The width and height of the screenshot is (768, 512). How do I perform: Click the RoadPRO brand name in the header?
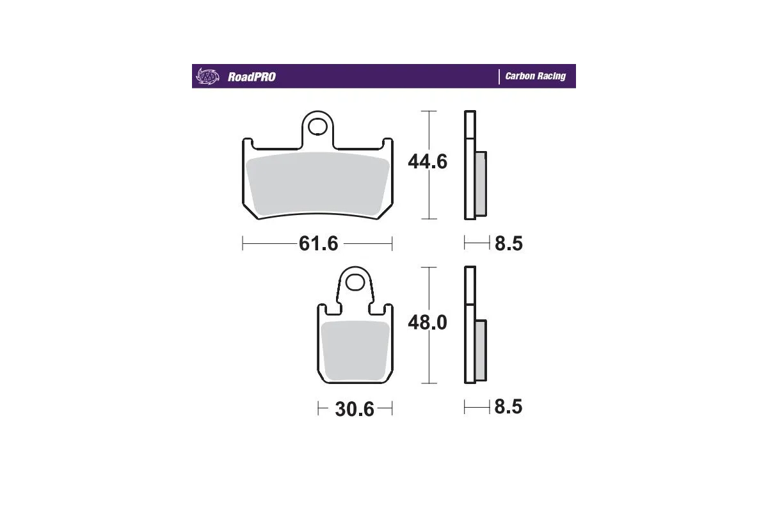click(x=252, y=77)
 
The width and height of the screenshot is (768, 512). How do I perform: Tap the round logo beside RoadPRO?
click(x=207, y=76)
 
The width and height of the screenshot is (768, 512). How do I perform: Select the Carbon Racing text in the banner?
click(x=535, y=76)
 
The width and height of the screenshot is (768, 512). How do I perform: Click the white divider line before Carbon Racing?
click(x=499, y=76)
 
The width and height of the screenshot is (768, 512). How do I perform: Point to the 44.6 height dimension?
click(x=428, y=162)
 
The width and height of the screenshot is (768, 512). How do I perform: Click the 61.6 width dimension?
click(x=318, y=243)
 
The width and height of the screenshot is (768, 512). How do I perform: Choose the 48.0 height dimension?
click(x=428, y=323)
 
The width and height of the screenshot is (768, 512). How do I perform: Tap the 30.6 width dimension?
click(x=355, y=408)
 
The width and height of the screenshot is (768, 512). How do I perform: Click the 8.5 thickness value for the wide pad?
click(x=509, y=243)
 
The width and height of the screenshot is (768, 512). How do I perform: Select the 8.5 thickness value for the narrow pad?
click(x=509, y=407)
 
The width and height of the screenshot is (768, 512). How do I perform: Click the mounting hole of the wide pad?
click(x=316, y=127)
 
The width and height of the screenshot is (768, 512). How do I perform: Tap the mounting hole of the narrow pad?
click(x=355, y=282)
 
